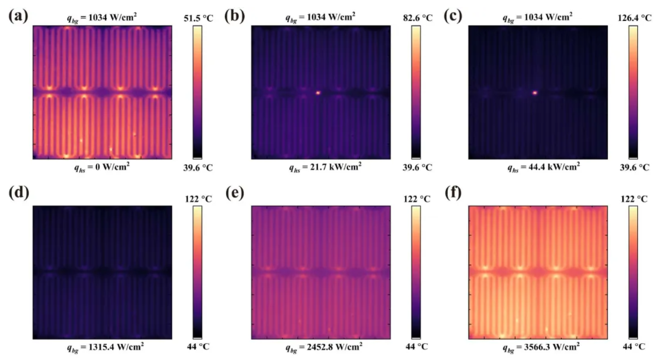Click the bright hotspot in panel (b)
[317, 92]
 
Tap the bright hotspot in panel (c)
[535, 93]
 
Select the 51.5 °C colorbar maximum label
[197, 18]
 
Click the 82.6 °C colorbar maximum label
[416, 18]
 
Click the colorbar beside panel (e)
[416, 272]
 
